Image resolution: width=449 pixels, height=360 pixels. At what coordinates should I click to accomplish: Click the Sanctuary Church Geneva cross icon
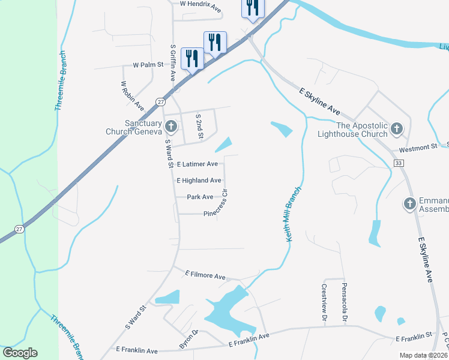tap(171, 127)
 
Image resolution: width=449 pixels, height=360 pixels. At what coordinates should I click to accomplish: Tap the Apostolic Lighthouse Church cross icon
tap(396, 128)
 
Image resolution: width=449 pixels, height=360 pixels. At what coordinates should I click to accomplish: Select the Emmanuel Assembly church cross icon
tap(409, 204)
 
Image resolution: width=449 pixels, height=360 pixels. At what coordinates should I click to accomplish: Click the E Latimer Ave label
tap(197, 164)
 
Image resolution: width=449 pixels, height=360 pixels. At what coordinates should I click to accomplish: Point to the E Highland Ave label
tap(199, 180)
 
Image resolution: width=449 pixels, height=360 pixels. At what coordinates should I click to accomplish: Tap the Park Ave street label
tap(200, 197)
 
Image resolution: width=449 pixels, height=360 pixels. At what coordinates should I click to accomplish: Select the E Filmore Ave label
tap(205, 275)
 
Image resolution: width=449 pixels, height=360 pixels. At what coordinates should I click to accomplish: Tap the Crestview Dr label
tap(323, 304)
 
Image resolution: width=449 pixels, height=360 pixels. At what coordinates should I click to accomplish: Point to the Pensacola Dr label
tap(345, 301)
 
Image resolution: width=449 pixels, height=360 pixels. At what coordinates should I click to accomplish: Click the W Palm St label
tap(148, 65)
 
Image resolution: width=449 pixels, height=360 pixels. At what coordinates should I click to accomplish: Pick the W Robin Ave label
tap(132, 95)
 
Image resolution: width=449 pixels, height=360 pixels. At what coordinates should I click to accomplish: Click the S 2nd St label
tap(199, 125)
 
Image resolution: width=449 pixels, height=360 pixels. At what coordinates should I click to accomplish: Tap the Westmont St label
tap(420, 147)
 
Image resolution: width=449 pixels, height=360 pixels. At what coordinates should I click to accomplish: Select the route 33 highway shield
tap(399, 163)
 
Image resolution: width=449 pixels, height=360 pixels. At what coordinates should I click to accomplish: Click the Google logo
tap(20, 353)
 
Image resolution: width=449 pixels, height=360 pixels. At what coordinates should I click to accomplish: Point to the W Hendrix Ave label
tap(200, 6)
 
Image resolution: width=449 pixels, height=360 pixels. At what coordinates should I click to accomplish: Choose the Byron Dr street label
tap(187, 340)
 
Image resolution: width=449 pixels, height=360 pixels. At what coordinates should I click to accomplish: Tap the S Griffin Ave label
tap(173, 62)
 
